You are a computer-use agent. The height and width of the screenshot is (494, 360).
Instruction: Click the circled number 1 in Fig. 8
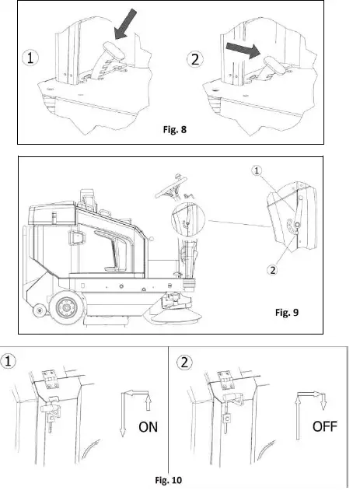[x=30, y=59]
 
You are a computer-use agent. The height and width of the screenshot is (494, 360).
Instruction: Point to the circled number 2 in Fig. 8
[x=198, y=58]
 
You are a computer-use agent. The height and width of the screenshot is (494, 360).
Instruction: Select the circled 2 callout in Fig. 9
[x=271, y=270]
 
